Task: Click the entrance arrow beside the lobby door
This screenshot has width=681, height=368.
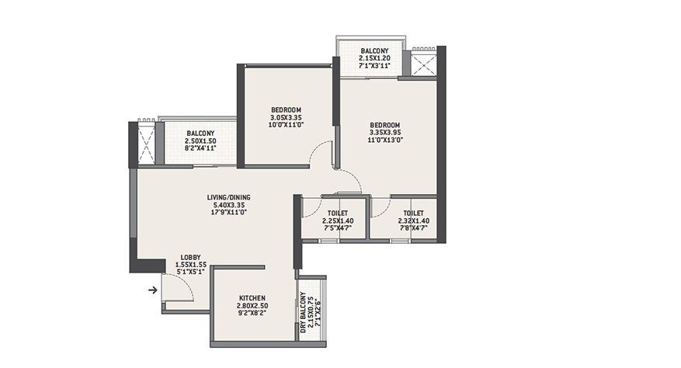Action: click(152, 290)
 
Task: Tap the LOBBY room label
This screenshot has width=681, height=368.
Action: click(190, 258)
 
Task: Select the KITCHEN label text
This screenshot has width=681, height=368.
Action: click(252, 298)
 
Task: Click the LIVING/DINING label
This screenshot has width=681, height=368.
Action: click(228, 198)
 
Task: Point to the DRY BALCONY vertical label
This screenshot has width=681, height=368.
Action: click(303, 313)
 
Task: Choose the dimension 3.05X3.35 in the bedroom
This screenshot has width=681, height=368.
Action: click(286, 117)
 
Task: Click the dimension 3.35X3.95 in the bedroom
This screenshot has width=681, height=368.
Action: click(385, 133)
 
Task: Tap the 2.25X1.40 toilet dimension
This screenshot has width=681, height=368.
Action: click(338, 220)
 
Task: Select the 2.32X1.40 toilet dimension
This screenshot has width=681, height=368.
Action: click(413, 220)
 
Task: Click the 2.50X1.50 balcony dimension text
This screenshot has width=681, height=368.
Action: click(200, 141)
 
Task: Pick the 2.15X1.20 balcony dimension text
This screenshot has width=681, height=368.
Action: click(374, 58)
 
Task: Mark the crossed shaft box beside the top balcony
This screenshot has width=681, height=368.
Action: click(423, 64)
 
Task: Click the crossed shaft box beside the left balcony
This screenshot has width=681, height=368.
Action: click(146, 144)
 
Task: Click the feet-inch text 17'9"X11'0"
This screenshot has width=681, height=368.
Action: click(230, 213)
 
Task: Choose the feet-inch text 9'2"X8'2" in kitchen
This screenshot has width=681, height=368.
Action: click(252, 313)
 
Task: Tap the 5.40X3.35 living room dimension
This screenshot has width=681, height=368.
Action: click(228, 205)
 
